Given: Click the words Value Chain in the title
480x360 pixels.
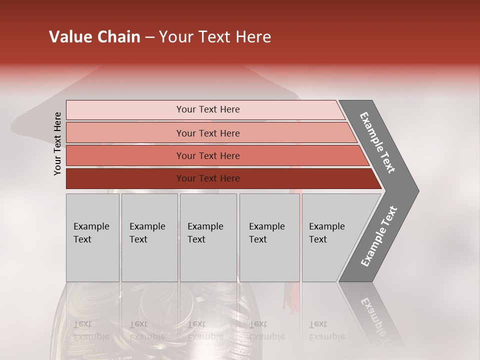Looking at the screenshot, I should [x=94, y=37].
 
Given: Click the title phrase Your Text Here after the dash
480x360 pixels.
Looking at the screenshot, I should [x=215, y=37].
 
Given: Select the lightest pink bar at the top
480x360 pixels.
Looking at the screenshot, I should [x=125, y=109].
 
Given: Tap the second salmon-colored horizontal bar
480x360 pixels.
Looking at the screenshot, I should [x=125, y=133].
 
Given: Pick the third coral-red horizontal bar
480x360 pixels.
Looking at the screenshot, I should [x=125, y=155].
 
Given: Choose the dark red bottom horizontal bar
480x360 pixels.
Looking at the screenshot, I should [x=125, y=178].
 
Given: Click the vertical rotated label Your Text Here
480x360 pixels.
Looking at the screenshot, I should [x=57, y=144].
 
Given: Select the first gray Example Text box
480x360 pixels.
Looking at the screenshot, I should [x=92, y=237].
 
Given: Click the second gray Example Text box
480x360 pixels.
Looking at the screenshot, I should [x=149, y=237].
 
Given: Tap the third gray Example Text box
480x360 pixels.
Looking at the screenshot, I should [x=208, y=237].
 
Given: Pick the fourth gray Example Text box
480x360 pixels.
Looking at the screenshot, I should [x=269, y=237].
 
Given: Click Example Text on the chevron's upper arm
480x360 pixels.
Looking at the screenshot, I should [x=377, y=142].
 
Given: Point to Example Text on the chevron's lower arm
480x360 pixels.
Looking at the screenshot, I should [x=379, y=236].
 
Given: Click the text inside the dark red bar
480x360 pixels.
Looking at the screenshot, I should [x=208, y=178].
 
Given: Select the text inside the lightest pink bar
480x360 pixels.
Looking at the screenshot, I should [x=208, y=109].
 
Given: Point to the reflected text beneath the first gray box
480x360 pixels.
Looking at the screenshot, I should [x=90, y=330].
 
